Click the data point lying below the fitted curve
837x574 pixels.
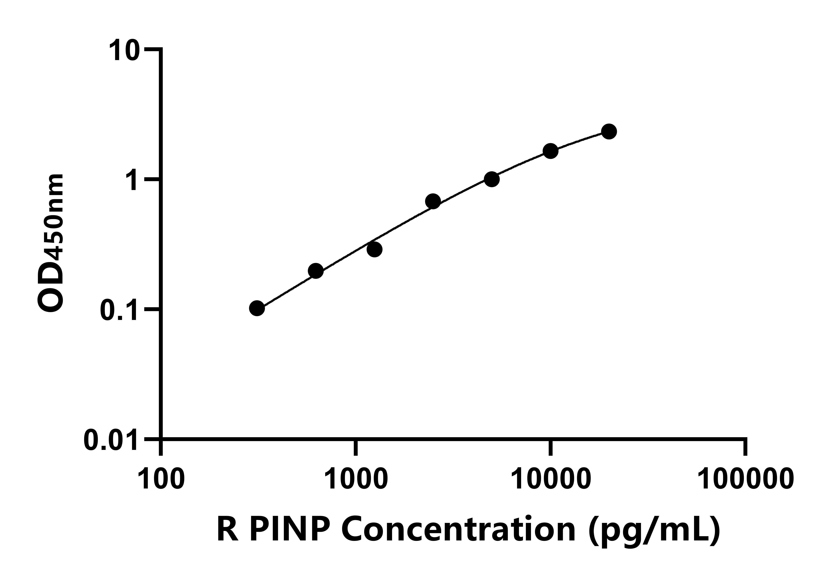(x=375, y=249)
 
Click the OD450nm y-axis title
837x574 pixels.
(x=51, y=243)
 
